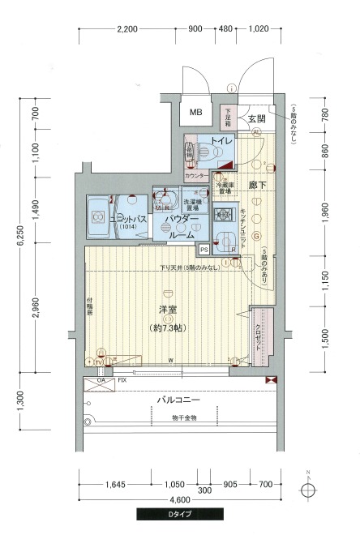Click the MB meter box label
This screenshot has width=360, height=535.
pos(196,112)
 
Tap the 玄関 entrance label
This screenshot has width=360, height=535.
pos(256,118)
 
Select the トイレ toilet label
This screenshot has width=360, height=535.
pos(221,142)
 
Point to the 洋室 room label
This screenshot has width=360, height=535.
pos(168,308)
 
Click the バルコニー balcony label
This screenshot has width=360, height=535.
pos(178,401)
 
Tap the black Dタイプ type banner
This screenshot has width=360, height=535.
pos(179,514)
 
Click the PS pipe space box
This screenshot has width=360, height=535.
pos(204,249)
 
